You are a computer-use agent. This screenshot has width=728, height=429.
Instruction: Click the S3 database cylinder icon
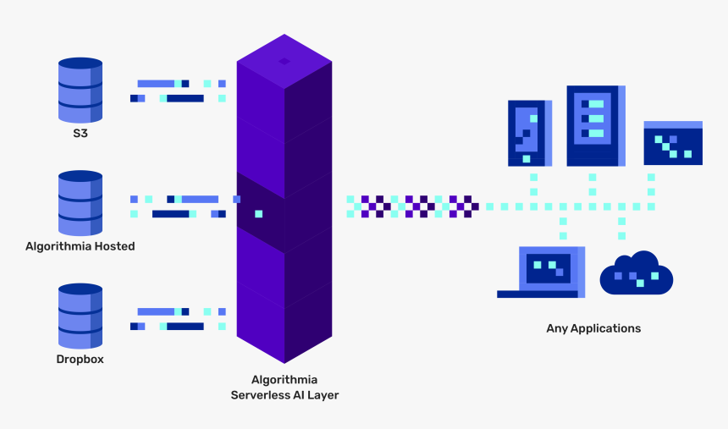[x=80, y=90]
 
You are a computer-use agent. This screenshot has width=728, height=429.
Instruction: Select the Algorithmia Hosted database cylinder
[x=80, y=203]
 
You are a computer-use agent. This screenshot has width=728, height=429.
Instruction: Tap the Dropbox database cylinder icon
[x=80, y=316]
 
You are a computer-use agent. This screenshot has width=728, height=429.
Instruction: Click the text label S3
[x=80, y=134]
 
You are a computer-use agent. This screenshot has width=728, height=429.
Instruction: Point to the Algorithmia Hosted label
[x=80, y=246]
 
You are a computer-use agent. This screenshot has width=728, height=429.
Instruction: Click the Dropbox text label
[x=80, y=359]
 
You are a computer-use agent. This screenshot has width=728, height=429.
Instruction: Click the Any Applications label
[x=593, y=328]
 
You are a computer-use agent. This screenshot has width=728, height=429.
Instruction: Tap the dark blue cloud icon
[x=636, y=274]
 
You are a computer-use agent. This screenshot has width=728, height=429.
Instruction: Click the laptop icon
[x=542, y=272]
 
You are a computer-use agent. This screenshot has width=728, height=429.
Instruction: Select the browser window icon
[x=673, y=143]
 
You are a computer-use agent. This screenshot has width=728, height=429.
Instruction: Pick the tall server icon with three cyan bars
[x=595, y=125]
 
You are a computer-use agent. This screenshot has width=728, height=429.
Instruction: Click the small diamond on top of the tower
[x=284, y=61]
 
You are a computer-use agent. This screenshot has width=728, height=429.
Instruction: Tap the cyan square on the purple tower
[x=258, y=213]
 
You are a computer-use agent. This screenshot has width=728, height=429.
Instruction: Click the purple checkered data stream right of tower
[x=413, y=206]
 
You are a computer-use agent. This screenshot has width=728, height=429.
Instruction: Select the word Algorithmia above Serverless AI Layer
[x=284, y=380]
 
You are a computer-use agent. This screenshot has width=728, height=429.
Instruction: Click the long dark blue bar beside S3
[x=185, y=98]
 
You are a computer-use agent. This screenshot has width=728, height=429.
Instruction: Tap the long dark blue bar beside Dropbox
[x=185, y=326]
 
